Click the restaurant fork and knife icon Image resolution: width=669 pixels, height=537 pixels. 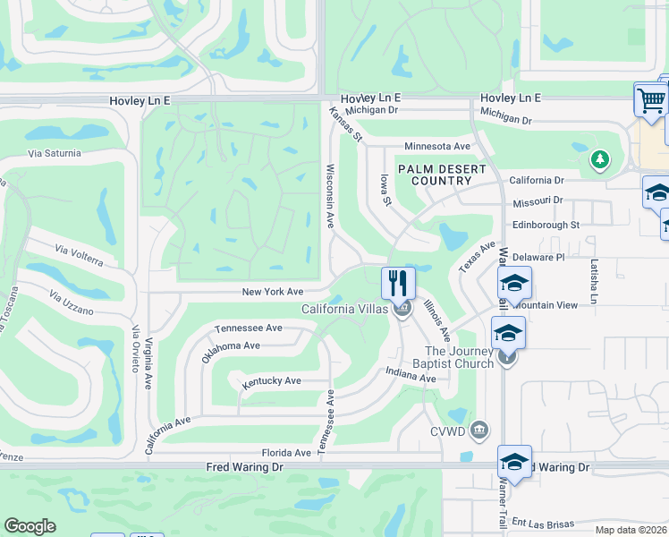(399, 284)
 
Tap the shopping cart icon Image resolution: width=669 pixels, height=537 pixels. (651, 99)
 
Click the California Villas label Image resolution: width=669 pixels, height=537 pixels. (344, 310)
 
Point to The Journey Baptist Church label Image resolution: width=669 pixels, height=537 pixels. (459, 357)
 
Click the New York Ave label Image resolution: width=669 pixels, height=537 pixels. (274, 292)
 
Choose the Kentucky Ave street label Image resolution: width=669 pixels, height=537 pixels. (271, 382)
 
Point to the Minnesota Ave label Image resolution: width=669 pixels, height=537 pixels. (437, 146)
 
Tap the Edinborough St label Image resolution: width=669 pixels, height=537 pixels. (546, 225)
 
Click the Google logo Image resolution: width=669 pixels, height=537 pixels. (30, 526)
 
